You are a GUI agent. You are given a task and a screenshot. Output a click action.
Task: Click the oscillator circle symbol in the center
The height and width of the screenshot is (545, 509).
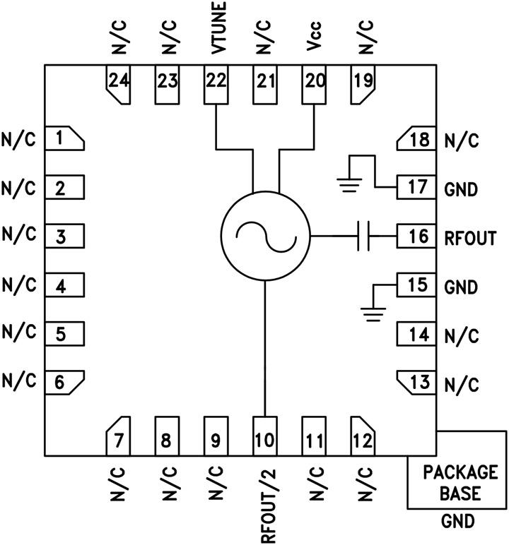[265, 236]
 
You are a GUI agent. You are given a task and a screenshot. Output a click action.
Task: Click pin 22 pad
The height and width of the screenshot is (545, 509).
[216, 84]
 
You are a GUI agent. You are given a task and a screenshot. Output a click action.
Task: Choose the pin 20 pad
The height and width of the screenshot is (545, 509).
[315, 84]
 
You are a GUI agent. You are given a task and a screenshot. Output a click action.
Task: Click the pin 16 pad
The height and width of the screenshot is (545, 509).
[418, 236]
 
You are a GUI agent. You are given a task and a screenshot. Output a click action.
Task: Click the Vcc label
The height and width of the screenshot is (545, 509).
[315, 44]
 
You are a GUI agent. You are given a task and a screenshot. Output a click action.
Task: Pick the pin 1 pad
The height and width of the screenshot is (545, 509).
[64, 139]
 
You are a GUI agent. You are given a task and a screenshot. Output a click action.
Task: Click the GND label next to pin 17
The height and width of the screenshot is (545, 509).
[461, 189]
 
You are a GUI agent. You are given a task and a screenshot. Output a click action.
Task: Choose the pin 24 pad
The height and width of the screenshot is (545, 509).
[118, 84]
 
